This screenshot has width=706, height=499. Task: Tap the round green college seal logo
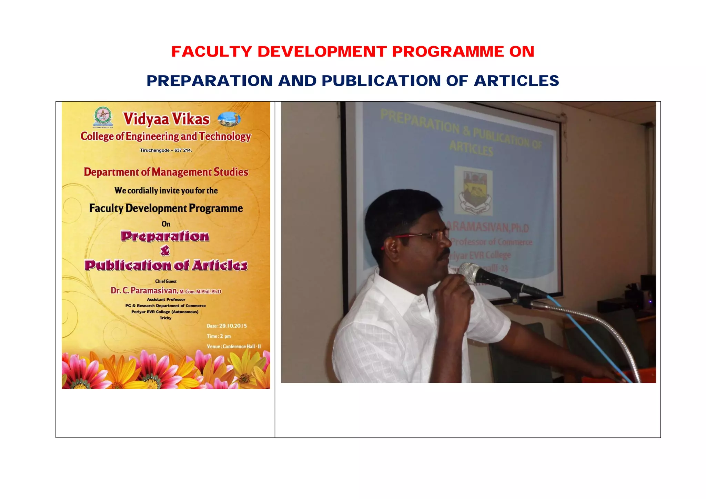(x=103, y=117)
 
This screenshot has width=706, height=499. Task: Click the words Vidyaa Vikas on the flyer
(x=166, y=119)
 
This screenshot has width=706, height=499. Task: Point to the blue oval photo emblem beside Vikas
(x=229, y=119)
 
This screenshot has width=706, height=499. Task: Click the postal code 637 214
(x=183, y=150)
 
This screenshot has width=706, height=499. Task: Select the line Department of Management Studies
(x=166, y=172)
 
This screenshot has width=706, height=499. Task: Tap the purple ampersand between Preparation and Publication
(x=165, y=251)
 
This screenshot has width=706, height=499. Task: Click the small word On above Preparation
(x=166, y=224)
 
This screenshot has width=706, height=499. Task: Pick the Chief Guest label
(x=166, y=281)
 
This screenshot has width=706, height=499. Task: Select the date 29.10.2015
(x=233, y=326)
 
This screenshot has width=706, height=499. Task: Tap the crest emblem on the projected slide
(x=473, y=191)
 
